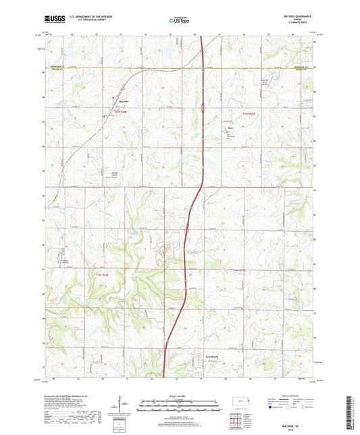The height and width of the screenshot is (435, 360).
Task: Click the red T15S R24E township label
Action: point(120,113)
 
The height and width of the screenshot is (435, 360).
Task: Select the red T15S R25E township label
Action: point(249,113)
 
